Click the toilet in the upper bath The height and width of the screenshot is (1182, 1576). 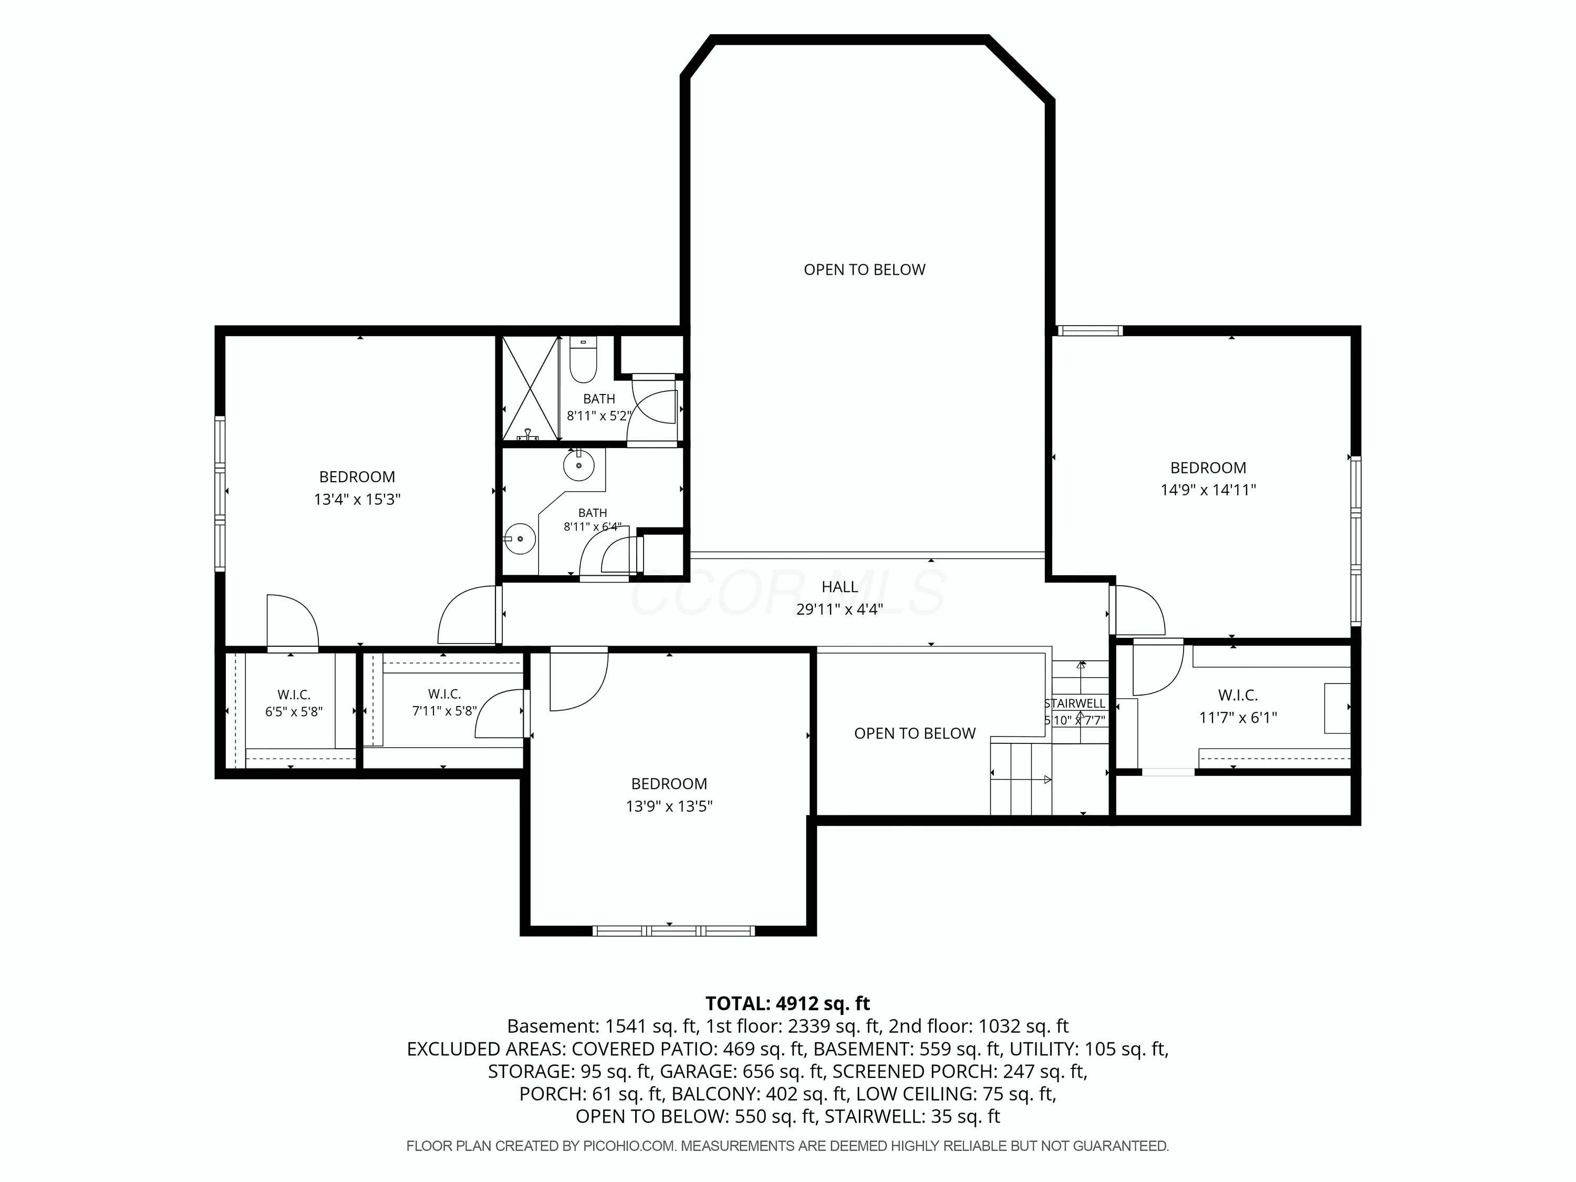point(583,362)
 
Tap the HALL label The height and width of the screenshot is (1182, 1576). point(840,587)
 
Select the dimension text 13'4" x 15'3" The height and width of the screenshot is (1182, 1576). point(357,500)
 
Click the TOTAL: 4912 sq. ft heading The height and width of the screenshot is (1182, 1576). point(787,1003)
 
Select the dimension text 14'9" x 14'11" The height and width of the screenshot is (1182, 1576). point(1208,490)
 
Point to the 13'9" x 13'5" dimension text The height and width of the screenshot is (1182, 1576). point(669,806)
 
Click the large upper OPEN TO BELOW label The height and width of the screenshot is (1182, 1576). point(864,270)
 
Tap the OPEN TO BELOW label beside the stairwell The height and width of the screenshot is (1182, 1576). point(915,734)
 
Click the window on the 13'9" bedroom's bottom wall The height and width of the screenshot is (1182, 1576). point(673,930)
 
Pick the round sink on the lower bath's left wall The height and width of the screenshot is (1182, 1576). point(520,538)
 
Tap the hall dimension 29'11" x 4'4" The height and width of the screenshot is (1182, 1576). point(840,609)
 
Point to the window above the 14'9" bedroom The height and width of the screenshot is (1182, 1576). point(1090,330)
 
